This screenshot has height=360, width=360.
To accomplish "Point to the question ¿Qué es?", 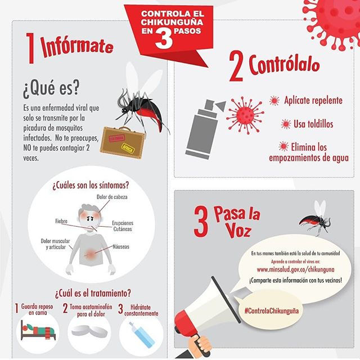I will pos(51,89).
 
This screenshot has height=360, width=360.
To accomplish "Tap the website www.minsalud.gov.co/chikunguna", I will pos(295,269).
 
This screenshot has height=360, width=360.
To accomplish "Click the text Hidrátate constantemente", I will pos(141,310).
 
